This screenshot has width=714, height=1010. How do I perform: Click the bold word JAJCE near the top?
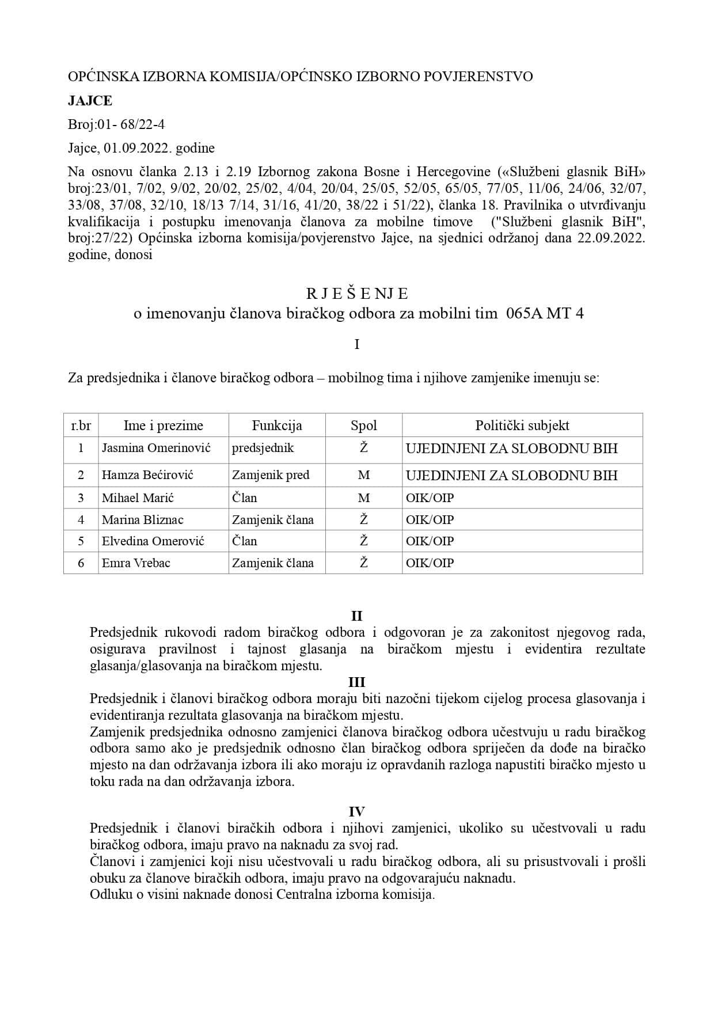tap(90, 101)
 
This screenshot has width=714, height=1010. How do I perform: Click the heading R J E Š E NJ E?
tap(356, 294)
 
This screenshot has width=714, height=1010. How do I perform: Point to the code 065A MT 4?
tap(544, 314)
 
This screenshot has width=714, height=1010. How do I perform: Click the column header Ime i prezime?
tap(164, 426)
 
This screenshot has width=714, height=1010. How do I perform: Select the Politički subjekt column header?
tap(522, 426)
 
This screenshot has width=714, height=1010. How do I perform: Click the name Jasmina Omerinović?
tap(156, 448)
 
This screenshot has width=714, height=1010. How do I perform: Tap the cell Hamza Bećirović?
tap(147, 475)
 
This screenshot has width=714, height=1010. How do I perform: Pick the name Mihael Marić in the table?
tap(138, 498)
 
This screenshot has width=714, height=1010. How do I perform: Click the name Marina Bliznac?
tap(142, 519)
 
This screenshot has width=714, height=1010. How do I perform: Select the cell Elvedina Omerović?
tap(153, 541)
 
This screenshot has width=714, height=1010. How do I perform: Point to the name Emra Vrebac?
tap(136, 563)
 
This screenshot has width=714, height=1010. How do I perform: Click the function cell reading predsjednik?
tap(263, 448)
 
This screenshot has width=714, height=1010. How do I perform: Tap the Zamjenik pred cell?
tap(271, 475)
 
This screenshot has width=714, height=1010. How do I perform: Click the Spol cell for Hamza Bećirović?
tap(363, 475)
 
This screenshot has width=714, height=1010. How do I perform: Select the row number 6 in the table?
tap(81, 563)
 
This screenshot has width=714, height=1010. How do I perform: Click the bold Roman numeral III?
tap(356, 682)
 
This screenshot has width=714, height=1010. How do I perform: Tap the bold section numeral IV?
tap(356, 812)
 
